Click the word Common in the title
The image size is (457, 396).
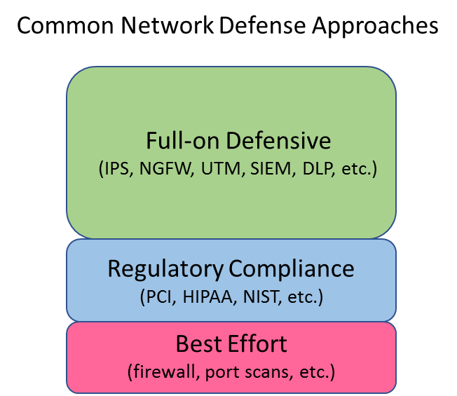click(x=65, y=25)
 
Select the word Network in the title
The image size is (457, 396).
click(x=167, y=25)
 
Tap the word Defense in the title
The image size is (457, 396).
click(x=262, y=25)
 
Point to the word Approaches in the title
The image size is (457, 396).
click(x=375, y=27)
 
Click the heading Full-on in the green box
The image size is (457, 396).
click(x=183, y=141)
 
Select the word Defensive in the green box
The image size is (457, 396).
click(x=279, y=141)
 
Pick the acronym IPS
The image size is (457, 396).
click(x=116, y=168)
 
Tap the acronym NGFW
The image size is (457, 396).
click(x=165, y=168)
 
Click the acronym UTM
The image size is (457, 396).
click(x=221, y=168)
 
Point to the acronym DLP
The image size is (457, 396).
click(x=318, y=168)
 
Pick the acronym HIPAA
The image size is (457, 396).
click(x=207, y=297)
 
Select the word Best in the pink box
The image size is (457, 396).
click(x=199, y=344)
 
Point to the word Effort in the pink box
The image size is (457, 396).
click(x=258, y=344)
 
